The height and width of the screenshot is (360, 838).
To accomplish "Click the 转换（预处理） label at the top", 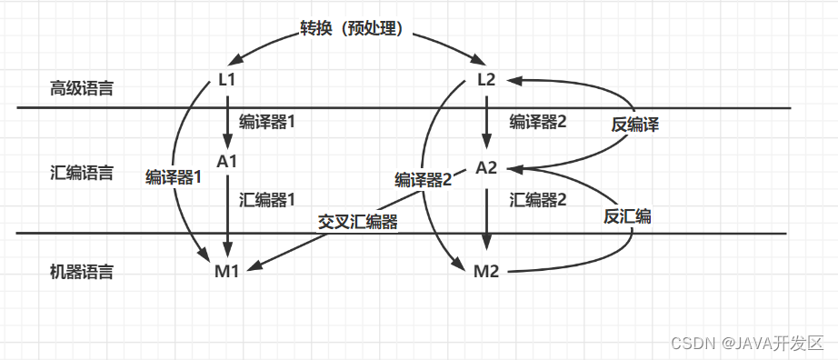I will [357, 27].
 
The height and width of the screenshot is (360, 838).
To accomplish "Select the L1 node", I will [227, 80].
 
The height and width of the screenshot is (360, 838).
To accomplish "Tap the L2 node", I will [486, 80].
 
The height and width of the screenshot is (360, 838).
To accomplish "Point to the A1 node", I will [227, 161].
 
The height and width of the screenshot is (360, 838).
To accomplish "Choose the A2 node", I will [486, 168].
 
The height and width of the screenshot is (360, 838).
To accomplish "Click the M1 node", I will [227, 270].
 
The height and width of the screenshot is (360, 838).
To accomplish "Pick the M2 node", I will [486, 271].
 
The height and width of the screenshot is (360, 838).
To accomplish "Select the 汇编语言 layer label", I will [82, 173].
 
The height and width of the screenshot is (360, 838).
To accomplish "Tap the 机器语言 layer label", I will [82, 271].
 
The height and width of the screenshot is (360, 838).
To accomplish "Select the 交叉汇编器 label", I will [357, 221].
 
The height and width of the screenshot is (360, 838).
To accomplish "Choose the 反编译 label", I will [635, 125].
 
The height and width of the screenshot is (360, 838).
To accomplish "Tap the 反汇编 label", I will [628, 216].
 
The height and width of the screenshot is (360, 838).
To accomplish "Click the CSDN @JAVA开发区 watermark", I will [746, 344].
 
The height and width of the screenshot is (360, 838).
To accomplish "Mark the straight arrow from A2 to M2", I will [486, 218].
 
